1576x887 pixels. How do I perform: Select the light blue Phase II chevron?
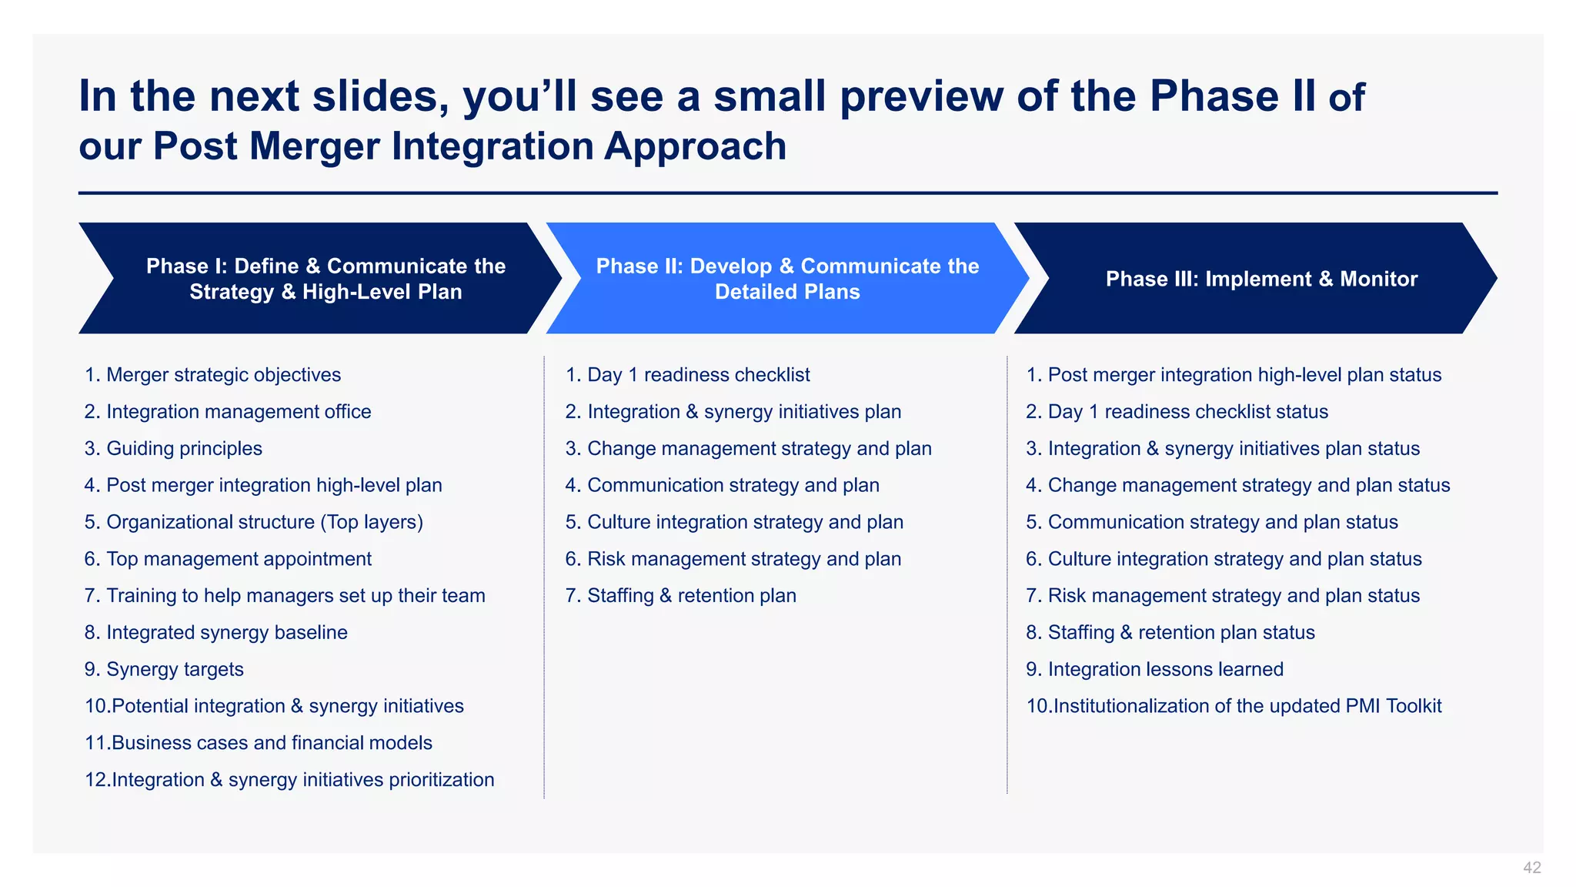pos(787,279)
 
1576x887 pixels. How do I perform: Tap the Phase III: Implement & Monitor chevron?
pos(1260,279)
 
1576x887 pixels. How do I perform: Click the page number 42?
pos(1531,868)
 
